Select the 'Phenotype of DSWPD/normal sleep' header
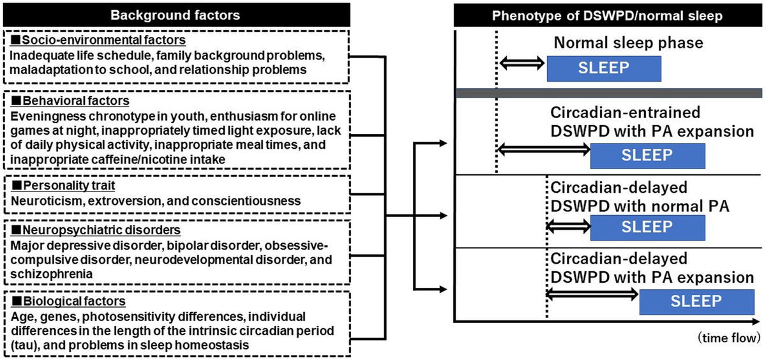pyautogui.click(x=607, y=15)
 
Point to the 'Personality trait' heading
pyautogui.click(x=63, y=186)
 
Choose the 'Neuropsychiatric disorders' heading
pyautogui.click(x=86, y=230)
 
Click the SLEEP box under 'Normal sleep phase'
pyautogui.click(x=603, y=68)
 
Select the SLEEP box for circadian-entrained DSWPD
pyautogui.click(x=647, y=155)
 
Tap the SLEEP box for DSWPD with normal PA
pyautogui.click(x=647, y=227)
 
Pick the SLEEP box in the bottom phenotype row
pyautogui.click(x=696, y=301)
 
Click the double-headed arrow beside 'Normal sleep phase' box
pyautogui.click(x=522, y=63)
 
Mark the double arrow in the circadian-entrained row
pyautogui.click(x=543, y=149)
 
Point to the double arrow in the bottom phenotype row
pyautogui.click(x=592, y=293)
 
